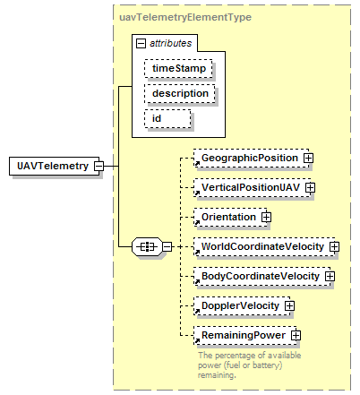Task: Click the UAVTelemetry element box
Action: [x=54, y=166]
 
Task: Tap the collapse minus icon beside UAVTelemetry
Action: [x=99, y=166]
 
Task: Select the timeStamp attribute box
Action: [x=178, y=68]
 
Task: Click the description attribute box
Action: [x=180, y=94]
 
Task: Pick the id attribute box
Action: [x=167, y=119]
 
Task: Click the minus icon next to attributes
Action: [x=141, y=44]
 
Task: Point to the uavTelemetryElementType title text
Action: [x=185, y=17]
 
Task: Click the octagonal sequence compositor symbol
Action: [x=148, y=247]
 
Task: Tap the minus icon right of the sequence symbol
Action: [x=167, y=247]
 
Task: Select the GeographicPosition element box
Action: [x=251, y=158]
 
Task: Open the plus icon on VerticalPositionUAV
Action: [x=310, y=187]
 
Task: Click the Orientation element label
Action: [x=228, y=217]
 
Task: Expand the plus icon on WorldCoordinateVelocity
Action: [x=334, y=246]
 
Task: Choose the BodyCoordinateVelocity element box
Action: [x=262, y=276]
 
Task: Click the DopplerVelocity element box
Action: [x=242, y=305]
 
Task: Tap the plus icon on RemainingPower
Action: [x=296, y=335]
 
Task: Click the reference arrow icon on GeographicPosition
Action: [x=197, y=164]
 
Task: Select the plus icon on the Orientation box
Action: [x=266, y=217]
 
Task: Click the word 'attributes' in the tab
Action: [x=170, y=44]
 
